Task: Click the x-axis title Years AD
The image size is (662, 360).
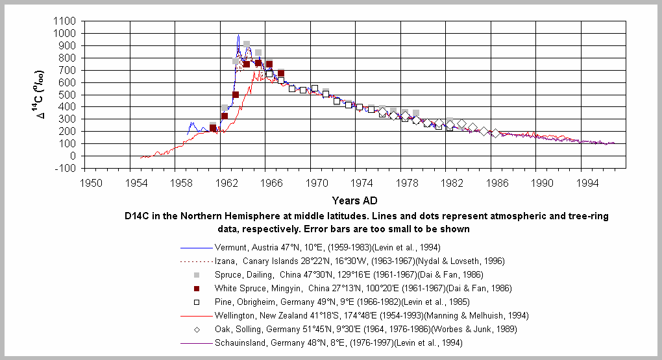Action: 354,200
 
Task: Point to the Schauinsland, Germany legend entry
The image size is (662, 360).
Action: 339,342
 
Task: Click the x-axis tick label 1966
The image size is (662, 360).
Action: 272,183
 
